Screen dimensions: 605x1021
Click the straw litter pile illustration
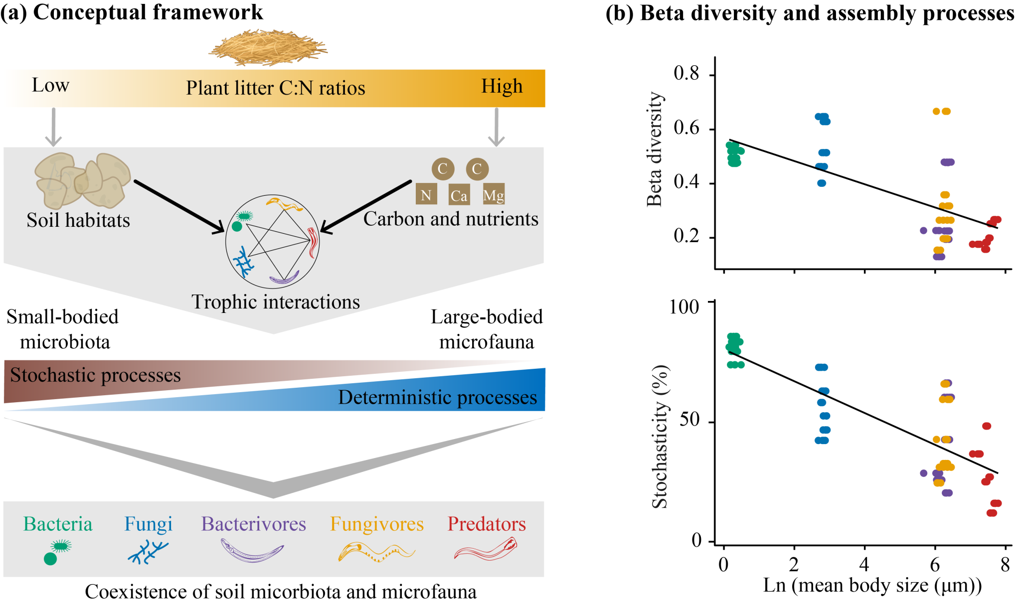[x=268, y=48]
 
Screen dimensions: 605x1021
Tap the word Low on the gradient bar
[x=50, y=85]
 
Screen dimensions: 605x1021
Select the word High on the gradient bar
[x=502, y=86]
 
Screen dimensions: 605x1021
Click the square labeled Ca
[x=459, y=195]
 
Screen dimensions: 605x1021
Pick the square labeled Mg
[x=493, y=194]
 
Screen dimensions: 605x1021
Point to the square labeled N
[x=426, y=194]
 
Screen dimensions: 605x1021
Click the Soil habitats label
[x=78, y=220]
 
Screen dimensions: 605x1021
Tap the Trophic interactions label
[x=276, y=302]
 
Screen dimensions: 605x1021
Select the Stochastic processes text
[x=95, y=375]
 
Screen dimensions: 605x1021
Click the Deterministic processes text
[x=437, y=397]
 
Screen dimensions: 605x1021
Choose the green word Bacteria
[x=58, y=524]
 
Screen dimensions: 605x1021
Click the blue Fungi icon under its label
[x=148, y=552]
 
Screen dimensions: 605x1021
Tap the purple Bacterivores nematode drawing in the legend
[x=252, y=551]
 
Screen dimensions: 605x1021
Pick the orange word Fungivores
[x=377, y=524]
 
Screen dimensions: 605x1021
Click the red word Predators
[x=487, y=524]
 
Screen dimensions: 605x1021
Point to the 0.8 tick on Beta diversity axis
[x=686, y=73]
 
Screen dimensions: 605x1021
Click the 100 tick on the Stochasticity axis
[x=684, y=306]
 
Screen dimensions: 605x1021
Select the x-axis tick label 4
[x=864, y=565]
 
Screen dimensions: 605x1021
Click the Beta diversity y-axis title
[x=654, y=149]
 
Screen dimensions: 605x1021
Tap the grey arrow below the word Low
[x=53, y=127]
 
